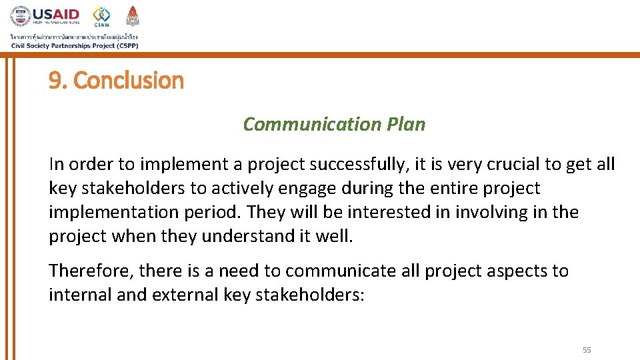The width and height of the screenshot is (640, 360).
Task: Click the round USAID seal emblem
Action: pos(21,17)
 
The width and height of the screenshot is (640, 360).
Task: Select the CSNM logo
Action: pos(101,16)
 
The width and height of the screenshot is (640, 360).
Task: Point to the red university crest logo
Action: pos(133,16)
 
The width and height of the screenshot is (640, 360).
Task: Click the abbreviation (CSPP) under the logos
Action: pos(123,45)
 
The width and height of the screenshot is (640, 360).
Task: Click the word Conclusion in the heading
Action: pos(129,81)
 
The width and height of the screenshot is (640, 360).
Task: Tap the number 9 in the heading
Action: pos(55,81)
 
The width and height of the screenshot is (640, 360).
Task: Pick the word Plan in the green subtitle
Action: pos(405,124)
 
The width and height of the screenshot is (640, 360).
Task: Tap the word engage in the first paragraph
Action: pos(307,189)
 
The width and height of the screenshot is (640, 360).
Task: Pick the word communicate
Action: pos(341,271)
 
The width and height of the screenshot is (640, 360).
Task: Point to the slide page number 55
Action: pos(587,350)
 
